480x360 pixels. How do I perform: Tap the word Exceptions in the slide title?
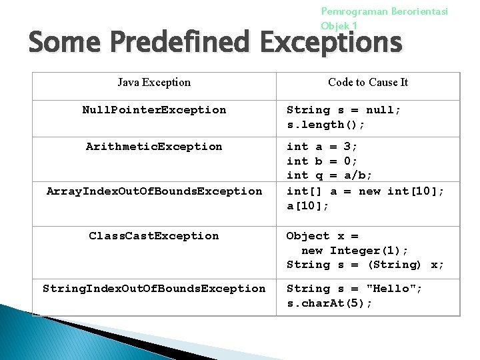pyautogui.click(x=331, y=43)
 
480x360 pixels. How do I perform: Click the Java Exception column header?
pyautogui.click(x=154, y=83)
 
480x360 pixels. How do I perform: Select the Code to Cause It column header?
pyautogui.click(x=368, y=83)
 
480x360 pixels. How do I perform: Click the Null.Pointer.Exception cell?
pyautogui.click(x=154, y=110)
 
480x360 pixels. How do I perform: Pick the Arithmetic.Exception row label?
pyautogui.click(x=154, y=147)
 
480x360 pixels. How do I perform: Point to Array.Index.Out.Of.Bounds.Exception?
pyautogui.click(x=154, y=191)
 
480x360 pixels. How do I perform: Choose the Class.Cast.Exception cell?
pyautogui.click(x=154, y=236)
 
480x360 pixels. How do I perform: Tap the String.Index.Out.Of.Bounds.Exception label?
pyautogui.click(x=154, y=289)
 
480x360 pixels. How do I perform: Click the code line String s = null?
pyautogui.click(x=343, y=110)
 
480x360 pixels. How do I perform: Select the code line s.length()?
pyautogui.click(x=325, y=125)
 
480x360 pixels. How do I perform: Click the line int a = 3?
pyautogui.click(x=322, y=147)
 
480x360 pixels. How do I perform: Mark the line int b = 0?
pyautogui.click(x=322, y=161)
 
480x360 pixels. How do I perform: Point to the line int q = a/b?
pyautogui.click(x=329, y=175)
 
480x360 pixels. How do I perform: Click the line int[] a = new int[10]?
pyautogui.click(x=365, y=191)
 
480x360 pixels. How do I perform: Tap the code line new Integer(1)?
pyautogui.click(x=355, y=251)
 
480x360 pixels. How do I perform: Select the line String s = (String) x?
pyautogui.click(x=365, y=265)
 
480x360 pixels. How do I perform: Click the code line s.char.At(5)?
pyautogui.click(x=329, y=303)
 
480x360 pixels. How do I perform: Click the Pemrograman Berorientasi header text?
pyautogui.click(x=385, y=11)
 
